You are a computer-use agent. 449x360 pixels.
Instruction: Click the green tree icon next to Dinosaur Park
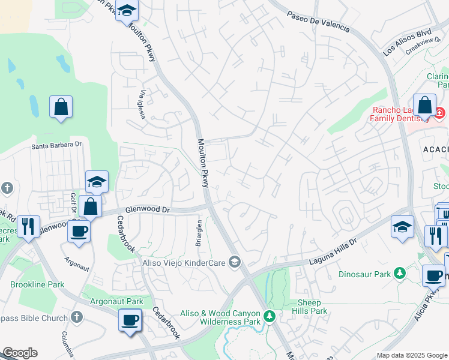tap(396, 274)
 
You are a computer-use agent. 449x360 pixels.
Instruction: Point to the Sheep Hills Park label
tap(310, 307)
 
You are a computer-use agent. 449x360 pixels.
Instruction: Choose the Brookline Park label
tap(37, 284)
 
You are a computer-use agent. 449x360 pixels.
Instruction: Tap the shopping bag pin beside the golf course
tap(61, 107)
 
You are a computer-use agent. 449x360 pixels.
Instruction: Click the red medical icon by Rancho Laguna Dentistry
tap(439, 112)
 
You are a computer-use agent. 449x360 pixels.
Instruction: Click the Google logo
tap(20, 353)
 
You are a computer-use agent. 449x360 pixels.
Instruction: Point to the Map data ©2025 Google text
tap(411, 355)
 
